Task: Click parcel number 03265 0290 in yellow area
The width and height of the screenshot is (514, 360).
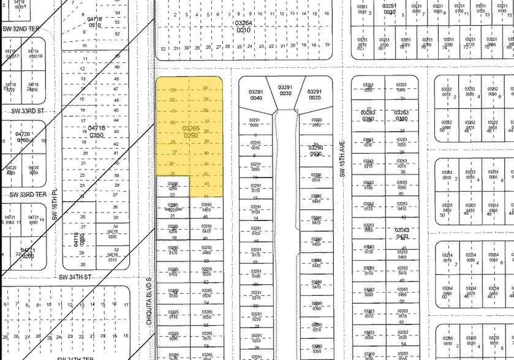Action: (190, 130)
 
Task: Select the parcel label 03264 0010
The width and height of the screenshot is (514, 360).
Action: (243, 26)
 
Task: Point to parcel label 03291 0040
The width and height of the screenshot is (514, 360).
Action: (255, 94)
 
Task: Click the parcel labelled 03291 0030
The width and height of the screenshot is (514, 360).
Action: (285, 90)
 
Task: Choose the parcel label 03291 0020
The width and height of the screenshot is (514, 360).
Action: (315, 94)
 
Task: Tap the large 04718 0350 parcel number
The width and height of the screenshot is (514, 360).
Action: (97, 131)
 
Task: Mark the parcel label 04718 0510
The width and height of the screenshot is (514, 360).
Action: (94, 23)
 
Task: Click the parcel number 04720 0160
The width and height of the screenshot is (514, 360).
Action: (23, 137)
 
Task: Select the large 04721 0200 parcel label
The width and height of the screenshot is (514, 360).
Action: (28, 253)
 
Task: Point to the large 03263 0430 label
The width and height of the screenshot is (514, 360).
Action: (402, 233)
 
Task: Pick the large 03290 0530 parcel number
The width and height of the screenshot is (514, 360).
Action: (316, 151)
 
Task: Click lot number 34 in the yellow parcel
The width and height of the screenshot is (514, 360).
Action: (206, 88)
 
